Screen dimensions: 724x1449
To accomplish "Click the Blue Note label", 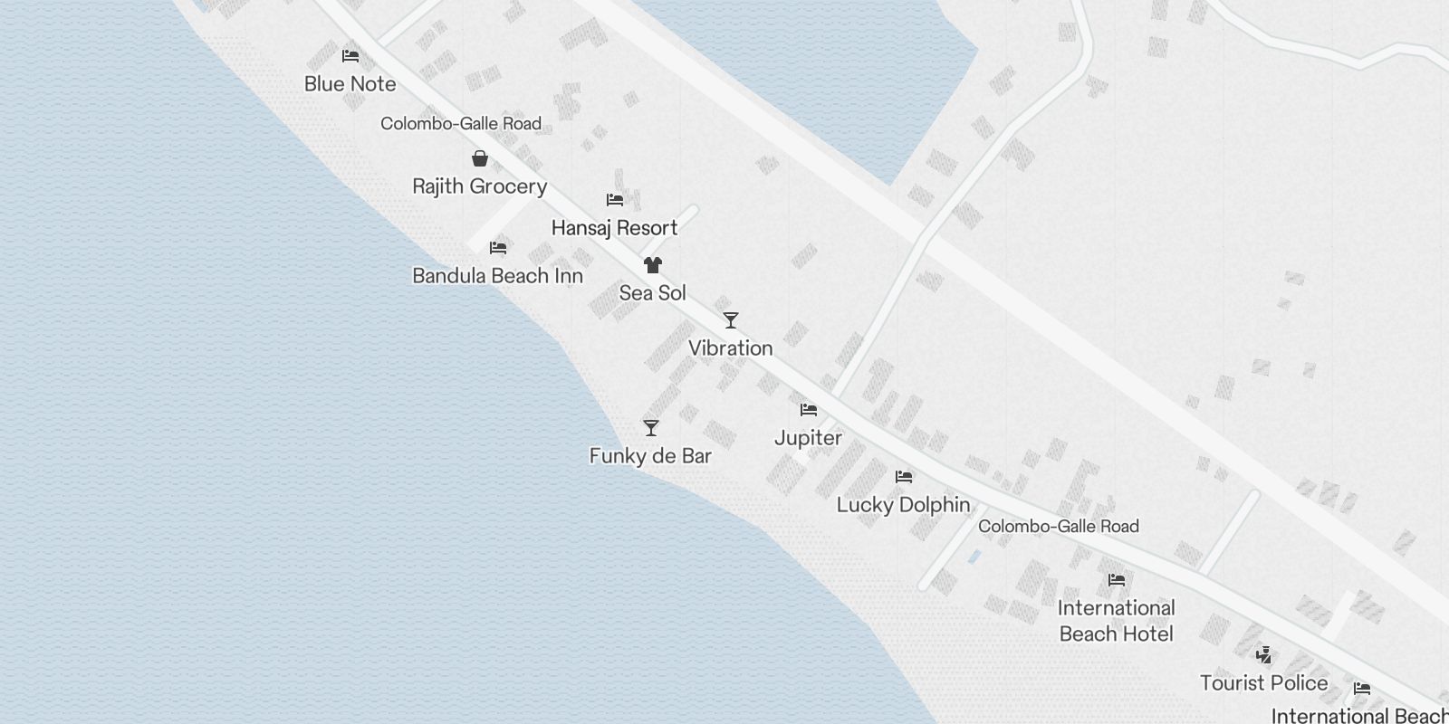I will point(350,84).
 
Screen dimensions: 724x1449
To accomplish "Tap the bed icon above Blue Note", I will point(350,56).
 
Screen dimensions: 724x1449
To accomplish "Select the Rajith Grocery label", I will point(479,186).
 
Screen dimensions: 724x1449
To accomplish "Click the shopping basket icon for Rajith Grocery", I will point(480,159).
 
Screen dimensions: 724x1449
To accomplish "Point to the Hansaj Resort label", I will point(614,228).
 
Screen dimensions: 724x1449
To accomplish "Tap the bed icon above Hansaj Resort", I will point(615,200).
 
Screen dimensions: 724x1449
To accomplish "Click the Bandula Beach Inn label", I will point(497,276).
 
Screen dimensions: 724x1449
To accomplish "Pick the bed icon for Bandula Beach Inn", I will point(498,248).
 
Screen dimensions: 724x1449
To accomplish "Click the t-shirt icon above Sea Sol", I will point(653,265).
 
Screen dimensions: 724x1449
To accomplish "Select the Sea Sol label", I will point(652,293).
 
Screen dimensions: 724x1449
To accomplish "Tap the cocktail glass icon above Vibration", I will point(731,320).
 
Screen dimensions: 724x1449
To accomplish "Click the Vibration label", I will point(730,348).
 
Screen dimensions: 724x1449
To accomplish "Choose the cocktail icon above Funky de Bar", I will point(651,428).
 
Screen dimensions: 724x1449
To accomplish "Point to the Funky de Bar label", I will point(650,456).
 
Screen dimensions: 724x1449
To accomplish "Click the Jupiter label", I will point(808,438).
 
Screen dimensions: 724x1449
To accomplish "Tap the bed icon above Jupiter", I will point(809,410).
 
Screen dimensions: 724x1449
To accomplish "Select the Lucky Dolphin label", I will point(903,505).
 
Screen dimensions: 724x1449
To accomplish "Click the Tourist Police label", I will point(1263,683).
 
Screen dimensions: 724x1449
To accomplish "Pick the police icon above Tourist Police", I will point(1264,655).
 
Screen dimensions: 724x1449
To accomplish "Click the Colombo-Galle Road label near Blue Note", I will point(461,124).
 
